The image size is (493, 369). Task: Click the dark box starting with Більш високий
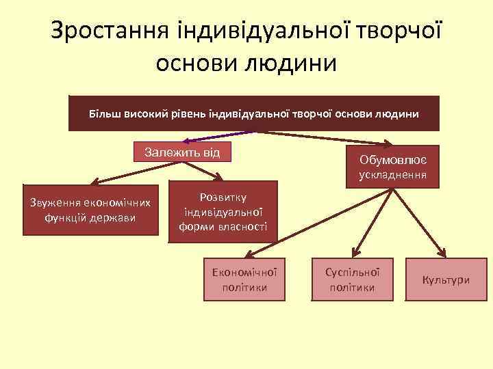coord(253,112)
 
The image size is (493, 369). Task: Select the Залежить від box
coord(182,152)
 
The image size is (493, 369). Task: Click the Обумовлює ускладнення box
coord(393,167)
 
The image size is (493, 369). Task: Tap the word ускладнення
coord(393,175)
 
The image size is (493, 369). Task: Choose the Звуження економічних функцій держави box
coord(90,210)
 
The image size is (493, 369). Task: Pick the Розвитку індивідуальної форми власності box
coord(223,211)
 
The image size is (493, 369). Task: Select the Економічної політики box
coord(244,279)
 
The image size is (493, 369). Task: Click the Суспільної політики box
coord(352,279)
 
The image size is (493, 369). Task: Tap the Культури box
coord(446,279)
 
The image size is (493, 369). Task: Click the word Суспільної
coord(352,271)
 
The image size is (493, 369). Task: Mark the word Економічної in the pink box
coord(244,271)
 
